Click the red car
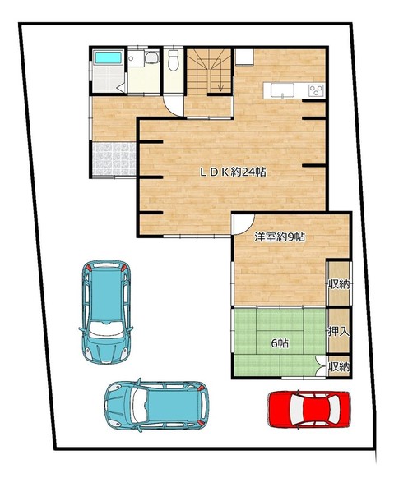(309, 409)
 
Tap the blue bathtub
(108, 57)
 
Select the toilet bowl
(174, 60)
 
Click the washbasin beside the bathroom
(151, 57)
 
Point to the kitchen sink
(282, 90)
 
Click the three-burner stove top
(316, 90)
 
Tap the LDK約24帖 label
(233, 172)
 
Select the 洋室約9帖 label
(279, 237)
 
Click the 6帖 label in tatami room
(280, 343)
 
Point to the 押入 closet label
(339, 332)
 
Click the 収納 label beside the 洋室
(339, 284)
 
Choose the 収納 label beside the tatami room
(339, 367)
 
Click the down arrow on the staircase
(220, 83)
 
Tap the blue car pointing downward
(106, 312)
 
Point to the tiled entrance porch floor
(114, 159)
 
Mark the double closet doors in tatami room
(321, 366)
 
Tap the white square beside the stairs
(244, 57)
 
